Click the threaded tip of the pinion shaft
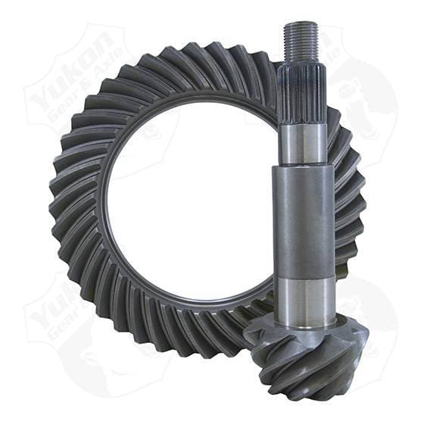(x=301, y=42)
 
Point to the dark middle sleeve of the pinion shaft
(x=304, y=219)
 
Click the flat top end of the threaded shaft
(x=301, y=23)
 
